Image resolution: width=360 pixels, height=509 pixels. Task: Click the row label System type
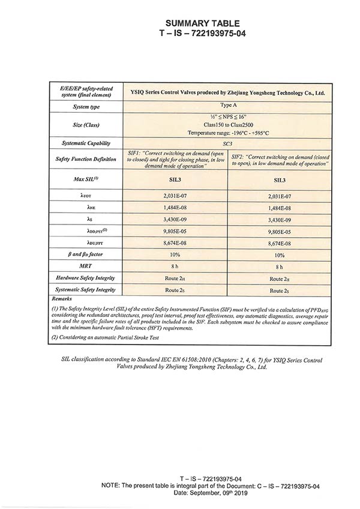(x=86, y=107)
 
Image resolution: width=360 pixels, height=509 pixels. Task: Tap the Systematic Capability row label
(x=86, y=143)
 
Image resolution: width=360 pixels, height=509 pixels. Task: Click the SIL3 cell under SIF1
(x=176, y=179)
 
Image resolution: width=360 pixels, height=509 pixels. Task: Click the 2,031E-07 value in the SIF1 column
(x=176, y=196)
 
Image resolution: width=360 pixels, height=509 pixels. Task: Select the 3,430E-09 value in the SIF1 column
(x=176, y=220)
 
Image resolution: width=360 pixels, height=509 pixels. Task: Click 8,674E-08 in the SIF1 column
(x=176, y=243)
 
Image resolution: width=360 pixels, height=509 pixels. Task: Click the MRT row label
(x=86, y=266)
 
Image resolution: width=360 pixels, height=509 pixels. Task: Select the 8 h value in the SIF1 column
(x=176, y=267)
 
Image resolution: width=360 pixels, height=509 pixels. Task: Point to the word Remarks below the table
(x=62, y=298)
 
